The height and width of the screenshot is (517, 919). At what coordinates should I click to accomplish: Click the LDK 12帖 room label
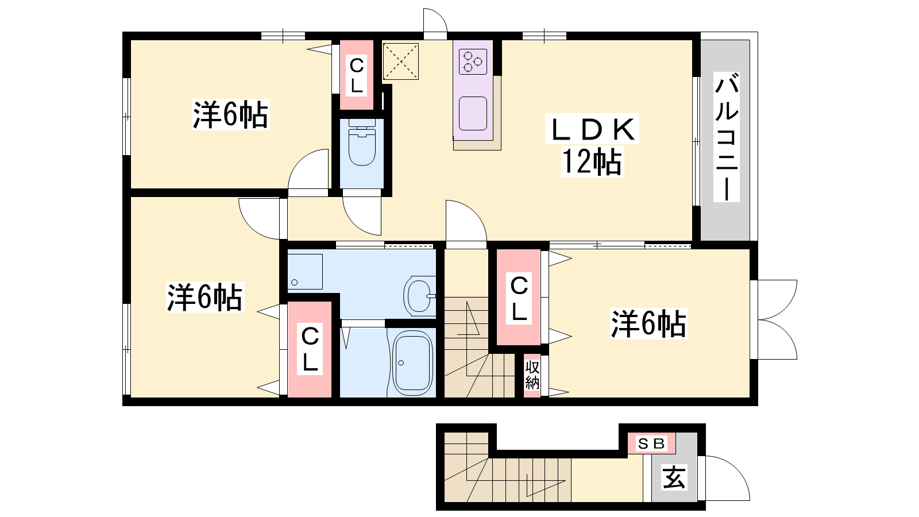point(592,145)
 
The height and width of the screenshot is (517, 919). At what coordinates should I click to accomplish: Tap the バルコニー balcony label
point(726,137)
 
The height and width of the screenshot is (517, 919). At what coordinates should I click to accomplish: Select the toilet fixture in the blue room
point(362,142)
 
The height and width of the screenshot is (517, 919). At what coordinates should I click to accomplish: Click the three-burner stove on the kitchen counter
point(473,61)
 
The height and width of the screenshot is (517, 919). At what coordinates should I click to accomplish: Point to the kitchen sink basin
point(473,113)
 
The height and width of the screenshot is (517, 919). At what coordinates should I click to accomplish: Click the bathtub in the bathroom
point(412,363)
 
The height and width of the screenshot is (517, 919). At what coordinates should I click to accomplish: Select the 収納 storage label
point(532,375)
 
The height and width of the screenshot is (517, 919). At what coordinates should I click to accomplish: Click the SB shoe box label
point(651,443)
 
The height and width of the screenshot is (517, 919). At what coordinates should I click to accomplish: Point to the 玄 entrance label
point(674,477)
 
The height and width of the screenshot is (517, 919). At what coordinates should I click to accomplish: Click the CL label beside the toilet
point(357,75)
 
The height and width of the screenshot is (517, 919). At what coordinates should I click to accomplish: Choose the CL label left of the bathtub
point(310,349)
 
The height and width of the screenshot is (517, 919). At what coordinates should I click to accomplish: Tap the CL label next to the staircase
point(519,298)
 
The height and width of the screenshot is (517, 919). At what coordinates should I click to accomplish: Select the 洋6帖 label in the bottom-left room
point(204,296)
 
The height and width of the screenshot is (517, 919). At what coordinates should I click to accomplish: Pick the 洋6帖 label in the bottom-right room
point(648,324)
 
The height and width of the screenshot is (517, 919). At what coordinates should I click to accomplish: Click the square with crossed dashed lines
point(401,61)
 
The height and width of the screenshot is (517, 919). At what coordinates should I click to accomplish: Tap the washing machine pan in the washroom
point(305,272)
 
